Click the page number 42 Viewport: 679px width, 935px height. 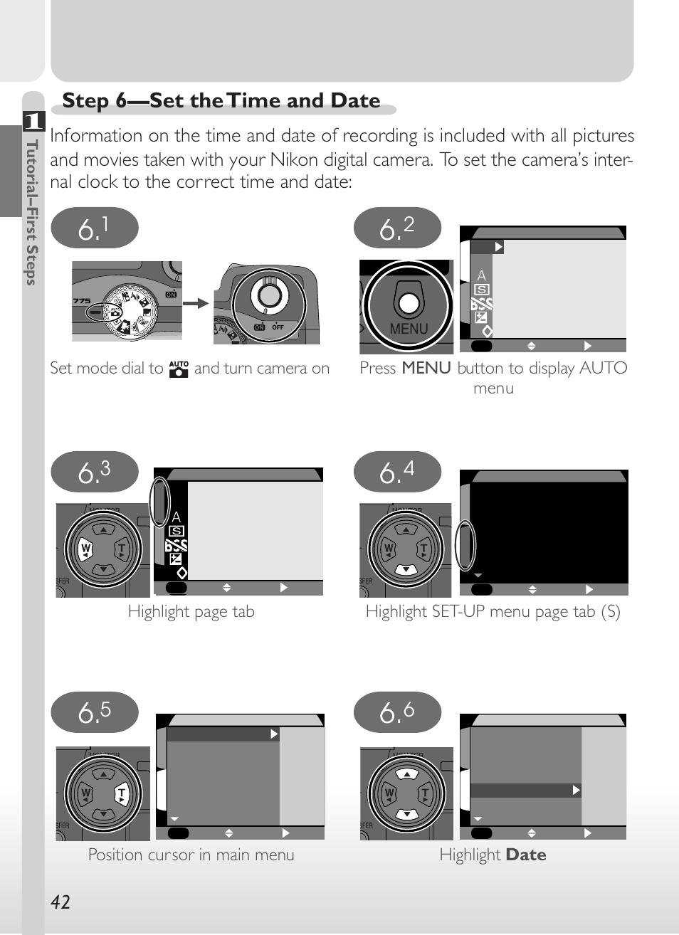[x=60, y=902]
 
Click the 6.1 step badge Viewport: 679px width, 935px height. [x=95, y=228]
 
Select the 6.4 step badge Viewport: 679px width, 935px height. [x=397, y=472]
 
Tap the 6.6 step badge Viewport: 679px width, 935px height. [x=397, y=712]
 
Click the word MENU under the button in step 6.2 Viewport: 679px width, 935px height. [x=409, y=329]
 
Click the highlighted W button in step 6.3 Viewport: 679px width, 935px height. [x=85, y=549]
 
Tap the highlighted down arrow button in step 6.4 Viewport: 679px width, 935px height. [x=406, y=569]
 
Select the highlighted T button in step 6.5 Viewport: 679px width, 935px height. [x=122, y=793]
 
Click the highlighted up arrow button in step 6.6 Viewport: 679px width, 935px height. [x=406, y=774]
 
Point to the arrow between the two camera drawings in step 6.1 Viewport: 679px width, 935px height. [x=196, y=303]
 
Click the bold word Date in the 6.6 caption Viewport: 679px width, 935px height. [x=526, y=855]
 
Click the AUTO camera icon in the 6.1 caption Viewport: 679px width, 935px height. [x=179, y=369]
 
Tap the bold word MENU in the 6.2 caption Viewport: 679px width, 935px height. [x=426, y=368]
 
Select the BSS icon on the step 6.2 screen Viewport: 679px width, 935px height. [x=481, y=304]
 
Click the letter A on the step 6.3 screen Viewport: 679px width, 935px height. [x=177, y=517]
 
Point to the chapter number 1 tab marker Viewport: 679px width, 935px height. [x=34, y=121]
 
